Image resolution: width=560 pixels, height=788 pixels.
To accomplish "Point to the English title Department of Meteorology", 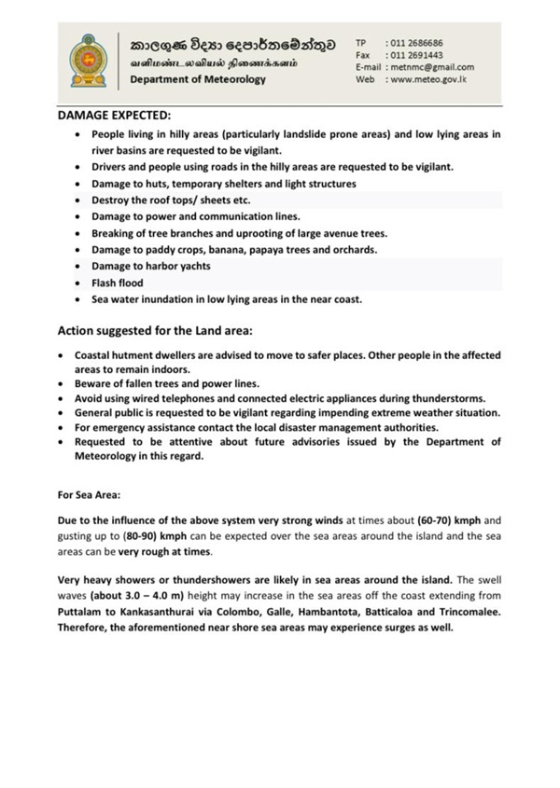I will [198, 79].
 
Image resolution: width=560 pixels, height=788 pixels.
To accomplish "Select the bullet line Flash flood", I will [115, 283].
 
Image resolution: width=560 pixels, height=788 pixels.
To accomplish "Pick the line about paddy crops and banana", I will [220, 250].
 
